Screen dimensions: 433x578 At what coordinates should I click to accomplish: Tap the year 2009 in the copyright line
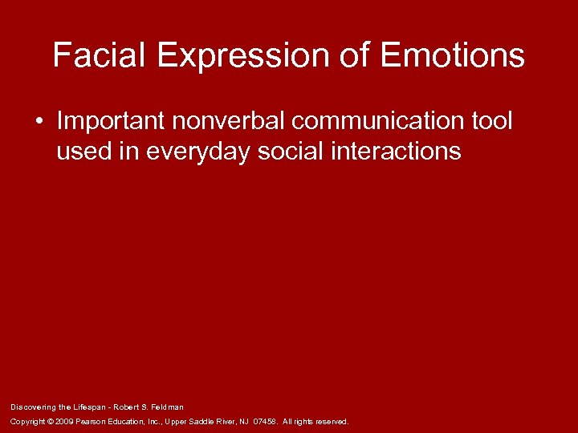tap(63, 421)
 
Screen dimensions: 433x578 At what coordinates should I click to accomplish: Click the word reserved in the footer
tap(332, 421)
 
